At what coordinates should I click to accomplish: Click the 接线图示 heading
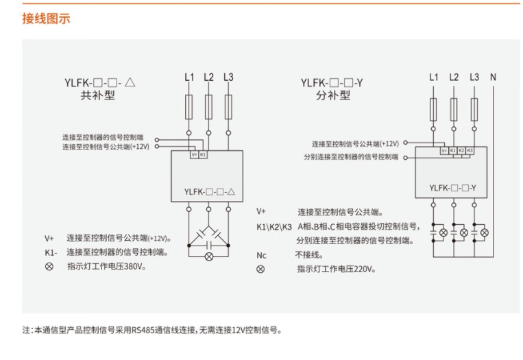[46, 19]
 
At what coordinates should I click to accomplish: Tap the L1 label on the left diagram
[190, 77]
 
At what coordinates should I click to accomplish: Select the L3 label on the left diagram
[228, 77]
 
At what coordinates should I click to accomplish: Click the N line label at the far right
[493, 77]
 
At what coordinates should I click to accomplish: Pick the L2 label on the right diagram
[454, 77]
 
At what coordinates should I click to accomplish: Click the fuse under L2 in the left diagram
[209, 108]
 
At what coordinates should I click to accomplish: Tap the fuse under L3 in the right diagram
[474, 110]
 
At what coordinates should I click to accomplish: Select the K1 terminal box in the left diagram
[203, 155]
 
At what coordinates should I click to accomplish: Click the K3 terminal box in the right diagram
[470, 150]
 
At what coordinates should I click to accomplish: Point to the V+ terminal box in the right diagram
[444, 150]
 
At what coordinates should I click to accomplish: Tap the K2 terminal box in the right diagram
[461, 150]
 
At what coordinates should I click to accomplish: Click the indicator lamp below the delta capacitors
[209, 256]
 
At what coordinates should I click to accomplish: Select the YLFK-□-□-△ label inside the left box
[209, 193]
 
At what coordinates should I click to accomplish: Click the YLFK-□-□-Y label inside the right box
[452, 188]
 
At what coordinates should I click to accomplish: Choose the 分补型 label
[332, 96]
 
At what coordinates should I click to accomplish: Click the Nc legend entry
[261, 255]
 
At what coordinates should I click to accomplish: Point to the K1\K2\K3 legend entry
[274, 226]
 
